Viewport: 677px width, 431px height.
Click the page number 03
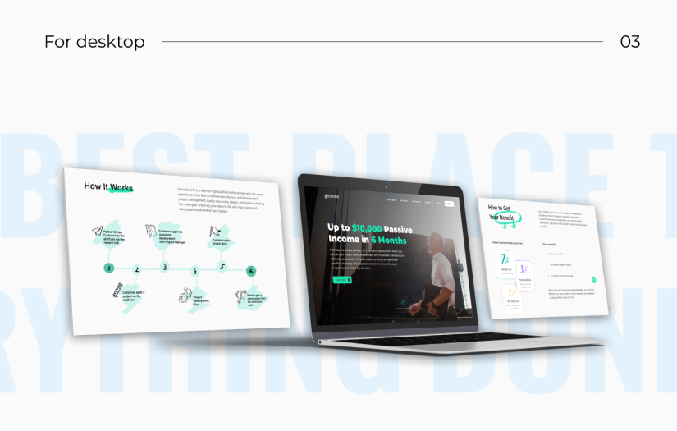(x=629, y=41)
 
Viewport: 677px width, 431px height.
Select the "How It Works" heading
(x=108, y=187)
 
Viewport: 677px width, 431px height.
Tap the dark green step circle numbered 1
(x=108, y=268)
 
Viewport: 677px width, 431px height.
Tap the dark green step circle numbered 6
(x=251, y=271)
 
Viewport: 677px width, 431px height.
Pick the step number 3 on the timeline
(x=165, y=268)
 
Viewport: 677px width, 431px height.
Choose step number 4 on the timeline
(x=194, y=270)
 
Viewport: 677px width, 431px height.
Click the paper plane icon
(x=98, y=232)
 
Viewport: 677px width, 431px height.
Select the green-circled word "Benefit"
(x=501, y=218)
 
